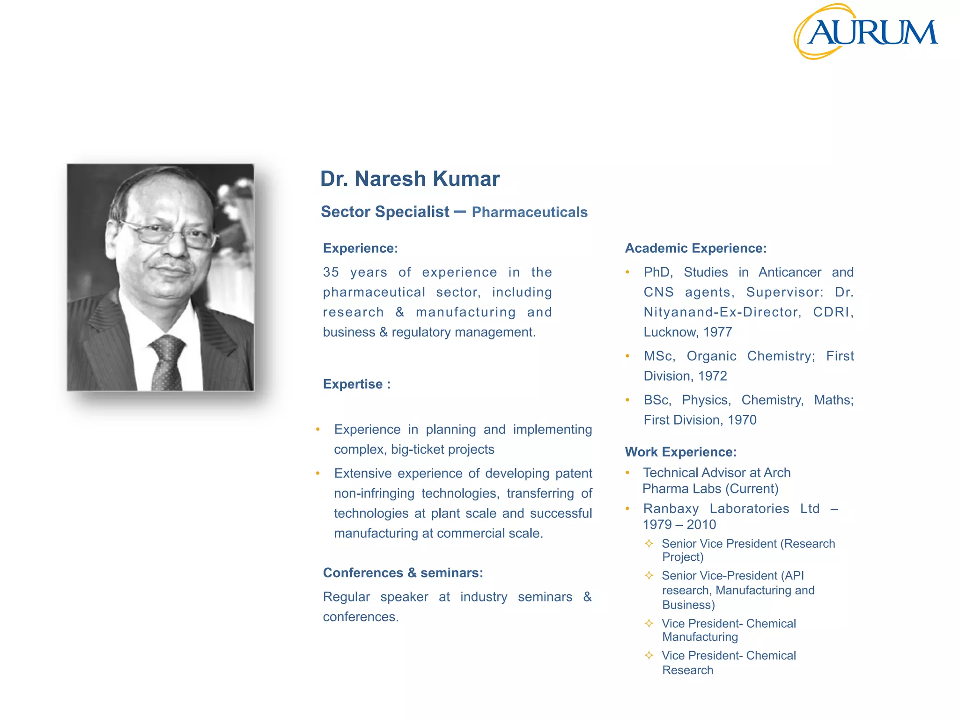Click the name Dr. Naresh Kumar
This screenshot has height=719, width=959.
click(410, 179)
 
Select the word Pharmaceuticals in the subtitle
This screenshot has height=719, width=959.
click(529, 212)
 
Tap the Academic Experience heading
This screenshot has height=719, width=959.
click(695, 248)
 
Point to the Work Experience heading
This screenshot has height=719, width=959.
click(680, 452)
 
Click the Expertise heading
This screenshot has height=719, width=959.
click(356, 384)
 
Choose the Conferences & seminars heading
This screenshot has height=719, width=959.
click(403, 572)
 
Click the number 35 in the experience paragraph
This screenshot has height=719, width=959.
click(331, 272)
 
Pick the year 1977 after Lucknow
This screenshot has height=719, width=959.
click(717, 332)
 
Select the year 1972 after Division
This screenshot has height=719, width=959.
click(712, 376)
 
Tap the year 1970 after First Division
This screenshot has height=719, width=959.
click(742, 420)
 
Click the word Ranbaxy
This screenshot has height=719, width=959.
click(671, 508)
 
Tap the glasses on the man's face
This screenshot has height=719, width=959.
click(171, 234)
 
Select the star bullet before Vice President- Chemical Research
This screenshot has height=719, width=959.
click(649, 655)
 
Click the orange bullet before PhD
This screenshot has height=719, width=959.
click(627, 272)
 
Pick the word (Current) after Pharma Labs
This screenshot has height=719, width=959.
click(752, 489)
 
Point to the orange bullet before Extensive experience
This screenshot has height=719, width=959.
click(318, 474)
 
